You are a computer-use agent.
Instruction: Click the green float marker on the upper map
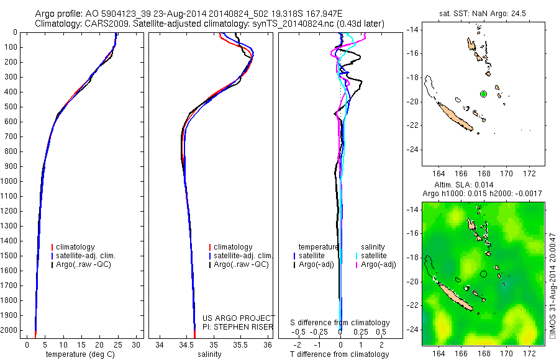tap(484, 94)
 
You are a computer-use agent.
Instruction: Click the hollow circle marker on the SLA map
tap(484, 274)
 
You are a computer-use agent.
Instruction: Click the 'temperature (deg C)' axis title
tap(79, 354)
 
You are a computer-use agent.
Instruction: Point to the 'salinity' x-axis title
tap(213, 354)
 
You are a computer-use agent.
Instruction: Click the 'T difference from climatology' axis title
tap(340, 354)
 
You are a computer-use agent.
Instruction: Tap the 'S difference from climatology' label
tap(340, 323)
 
